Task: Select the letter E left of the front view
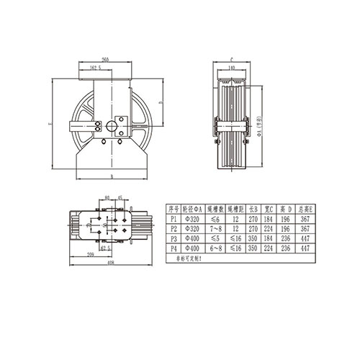click(x=48, y=124)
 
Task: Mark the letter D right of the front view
click(x=160, y=103)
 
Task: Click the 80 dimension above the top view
click(x=107, y=196)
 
